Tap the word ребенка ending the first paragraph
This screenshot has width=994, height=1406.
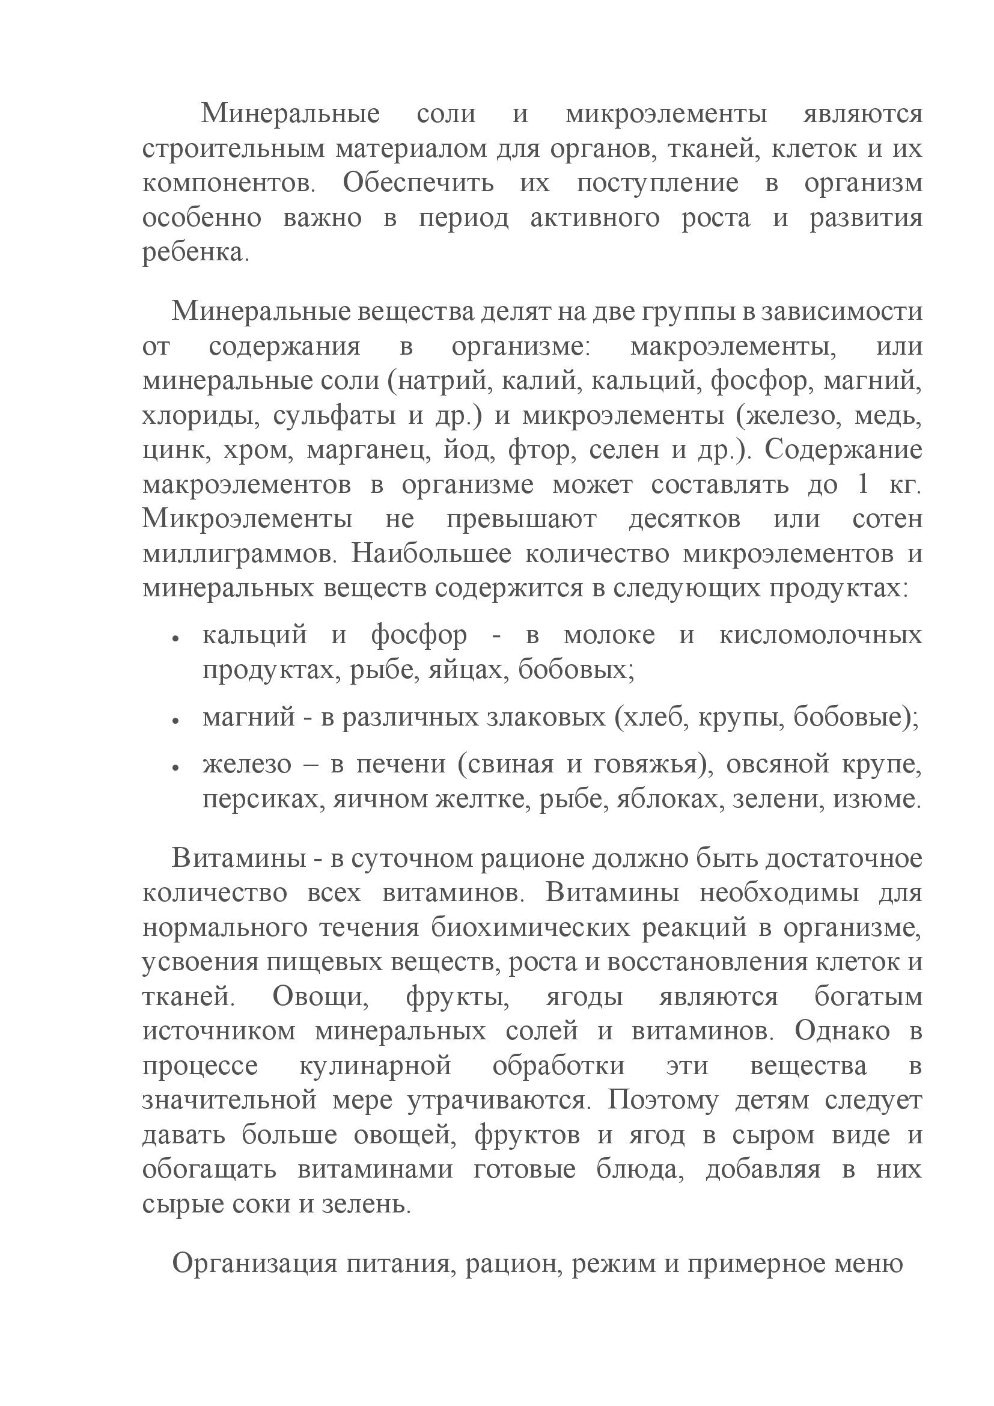193,252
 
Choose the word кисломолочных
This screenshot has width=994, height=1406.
820,635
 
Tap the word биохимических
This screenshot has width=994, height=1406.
531,928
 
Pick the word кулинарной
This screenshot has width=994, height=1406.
375,1066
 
